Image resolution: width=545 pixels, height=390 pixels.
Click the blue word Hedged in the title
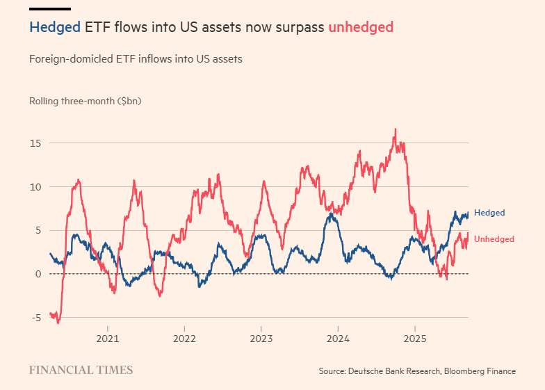pyautogui.click(x=55, y=27)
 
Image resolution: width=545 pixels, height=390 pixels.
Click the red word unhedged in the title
pyautogui.click(x=361, y=27)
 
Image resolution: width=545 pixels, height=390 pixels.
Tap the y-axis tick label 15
pyautogui.click(x=35, y=143)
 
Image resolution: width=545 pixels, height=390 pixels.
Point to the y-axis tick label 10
pyautogui.click(x=35, y=187)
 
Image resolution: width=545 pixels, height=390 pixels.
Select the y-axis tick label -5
pyautogui.click(x=35, y=318)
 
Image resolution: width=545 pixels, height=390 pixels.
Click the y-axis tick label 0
pyautogui.click(x=38, y=274)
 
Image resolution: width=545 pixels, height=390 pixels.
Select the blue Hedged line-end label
pyautogui.click(x=489, y=213)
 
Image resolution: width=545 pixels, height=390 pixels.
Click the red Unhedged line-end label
pyautogui.click(x=494, y=239)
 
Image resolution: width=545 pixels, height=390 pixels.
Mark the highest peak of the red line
pyautogui.click(x=396, y=129)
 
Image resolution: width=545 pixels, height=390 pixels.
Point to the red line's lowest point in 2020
pyautogui.click(x=58, y=323)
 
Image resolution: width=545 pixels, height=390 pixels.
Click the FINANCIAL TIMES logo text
pyautogui.click(x=81, y=370)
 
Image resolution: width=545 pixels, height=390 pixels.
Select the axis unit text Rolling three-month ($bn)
pyautogui.click(x=86, y=101)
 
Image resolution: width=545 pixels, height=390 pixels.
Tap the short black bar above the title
pyautogui.click(x=50, y=9)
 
